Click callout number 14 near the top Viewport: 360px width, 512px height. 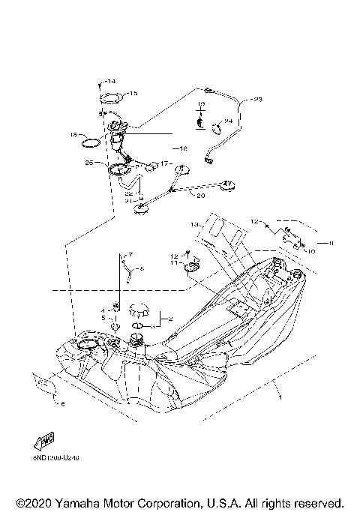[111, 81]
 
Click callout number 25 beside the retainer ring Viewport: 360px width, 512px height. [89, 162]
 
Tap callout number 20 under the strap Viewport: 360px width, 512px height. [200, 196]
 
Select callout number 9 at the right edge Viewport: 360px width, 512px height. [323, 243]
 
